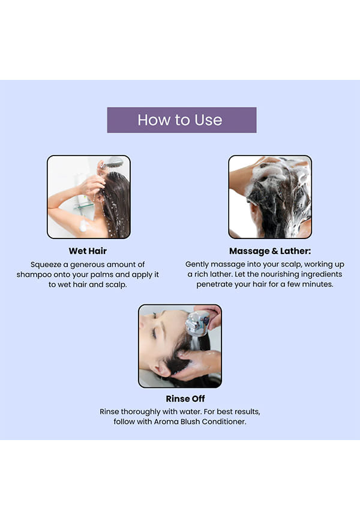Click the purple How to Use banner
[182, 119]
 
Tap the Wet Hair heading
[88, 251]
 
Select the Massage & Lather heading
[270, 251]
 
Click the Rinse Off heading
[185, 399]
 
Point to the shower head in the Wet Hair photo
[113, 163]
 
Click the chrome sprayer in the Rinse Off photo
[197, 323]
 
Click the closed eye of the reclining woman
[154, 333]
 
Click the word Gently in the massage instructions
[197, 264]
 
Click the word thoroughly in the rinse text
[140, 412]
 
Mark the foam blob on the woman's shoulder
[83, 226]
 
